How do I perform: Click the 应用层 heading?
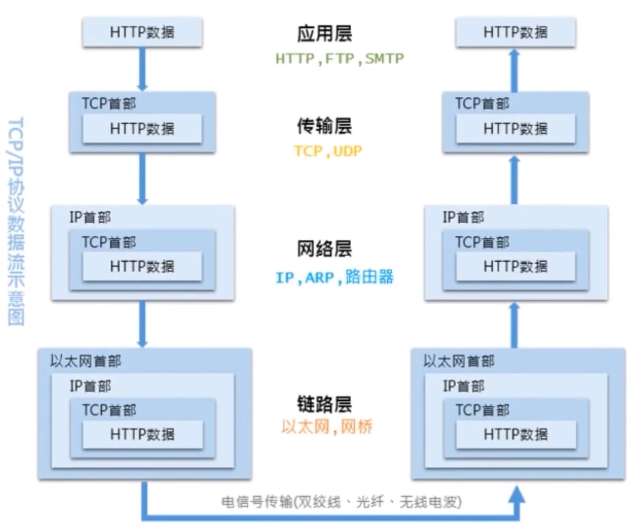pyautogui.click(x=324, y=33)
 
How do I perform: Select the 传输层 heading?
pyautogui.click(x=324, y=125)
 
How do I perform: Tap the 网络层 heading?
pyautogui.click(x=324, y=249)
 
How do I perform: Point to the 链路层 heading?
pyautogui.click(x=324, y=404)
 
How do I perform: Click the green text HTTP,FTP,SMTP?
pyautogui.click(x=339, y=59)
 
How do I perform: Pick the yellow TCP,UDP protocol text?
pyautogui.click(x=327, y=150)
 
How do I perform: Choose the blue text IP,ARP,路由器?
pyautogui.click(x=334, y=278)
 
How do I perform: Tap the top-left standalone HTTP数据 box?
pyautogui.click(x=142, y=31)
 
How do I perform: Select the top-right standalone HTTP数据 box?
pyautogui.click(x=516, y=31)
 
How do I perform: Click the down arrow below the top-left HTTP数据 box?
pyautogui.click(x=142, y=68)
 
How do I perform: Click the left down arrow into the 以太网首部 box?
pyautogui.click(x=142, y=323)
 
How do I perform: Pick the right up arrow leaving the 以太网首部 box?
pyautogui.click(x=516, y=323)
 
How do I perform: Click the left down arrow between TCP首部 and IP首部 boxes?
pyautogui.click(x=142, y=177)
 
